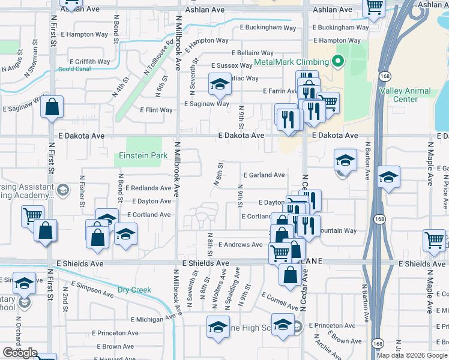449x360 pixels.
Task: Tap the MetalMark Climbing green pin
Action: [x=337, y=61]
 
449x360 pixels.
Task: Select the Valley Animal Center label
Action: [x=405, y=95]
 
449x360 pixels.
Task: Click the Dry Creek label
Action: [x=134, y=290]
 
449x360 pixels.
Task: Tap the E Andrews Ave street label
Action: [x=240, y=245]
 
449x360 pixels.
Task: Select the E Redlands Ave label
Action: [x=148, y=188]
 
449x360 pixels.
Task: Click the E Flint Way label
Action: [x=156, y=110]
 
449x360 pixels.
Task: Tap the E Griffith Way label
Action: [x=89, y=61]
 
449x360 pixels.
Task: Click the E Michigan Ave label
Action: [x=151, y=320]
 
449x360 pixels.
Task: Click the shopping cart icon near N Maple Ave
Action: [x=434, y=239]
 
